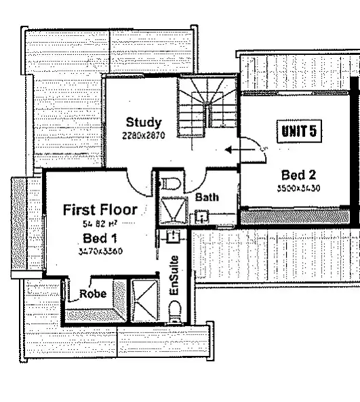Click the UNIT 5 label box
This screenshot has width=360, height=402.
click(x=298, y=130)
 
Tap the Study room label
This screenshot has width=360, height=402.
click(x=144, y=123)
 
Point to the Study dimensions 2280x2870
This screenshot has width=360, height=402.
click(x=144, y=135)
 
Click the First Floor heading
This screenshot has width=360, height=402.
click(x=100, y=209)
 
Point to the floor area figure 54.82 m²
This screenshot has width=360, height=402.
click(x=100, y=223)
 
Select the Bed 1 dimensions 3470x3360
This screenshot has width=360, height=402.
click(x=100, y=251)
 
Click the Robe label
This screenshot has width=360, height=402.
click(x=92, y=294)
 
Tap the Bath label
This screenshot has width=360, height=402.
click(x=205, y=198)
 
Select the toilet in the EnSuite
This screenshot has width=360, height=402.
click(x=175, y=313)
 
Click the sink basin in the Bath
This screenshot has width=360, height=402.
click(x=201, y=217)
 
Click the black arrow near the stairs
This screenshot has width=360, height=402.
click(x=234, y=149)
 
